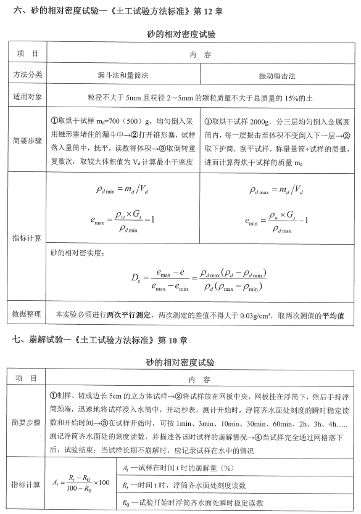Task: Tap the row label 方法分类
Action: [28, 75]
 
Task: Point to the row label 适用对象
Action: [28, 97]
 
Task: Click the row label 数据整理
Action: [28, 315]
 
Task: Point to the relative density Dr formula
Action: [202, 279]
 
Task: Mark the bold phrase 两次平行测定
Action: [129, 315]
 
